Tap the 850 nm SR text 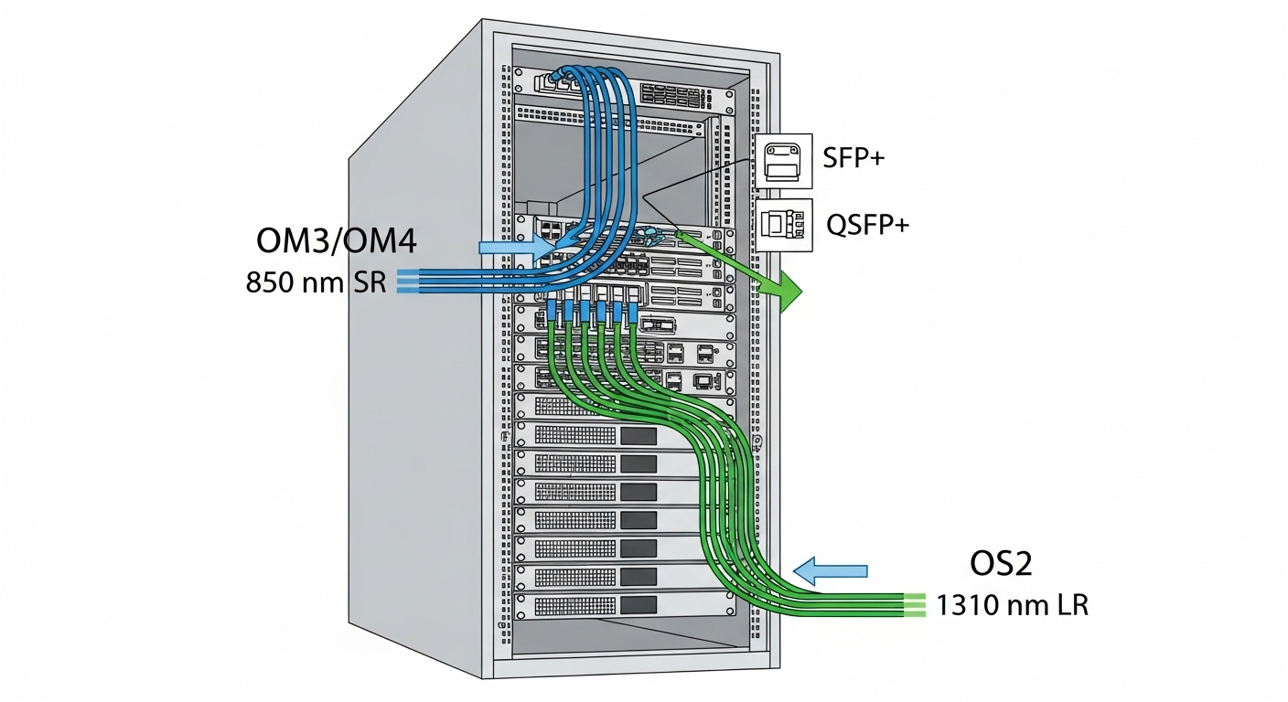coord(317,282)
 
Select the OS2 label coord(1001,564)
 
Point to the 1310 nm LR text coord(1013,605)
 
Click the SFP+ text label coord(853,158)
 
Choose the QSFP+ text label coord(866,224)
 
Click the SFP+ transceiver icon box coord(784,160)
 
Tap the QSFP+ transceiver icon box coord(784,224)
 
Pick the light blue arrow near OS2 coord(829,571)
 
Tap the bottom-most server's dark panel coord(639,605)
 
